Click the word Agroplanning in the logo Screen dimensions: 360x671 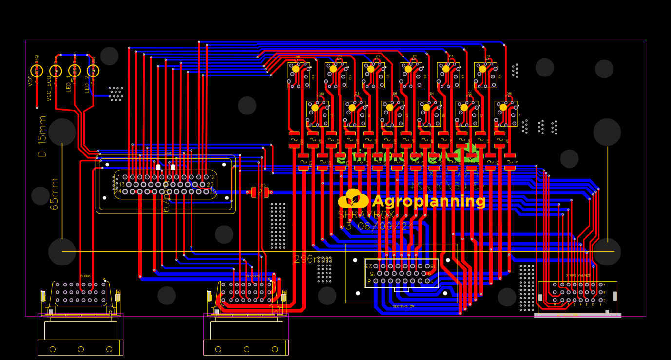pyautogui.click(x=428, y=201)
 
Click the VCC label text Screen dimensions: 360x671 pyautogui.click(x=30, y=80)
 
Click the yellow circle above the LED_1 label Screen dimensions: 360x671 pyautogui.click(x=75, y=71)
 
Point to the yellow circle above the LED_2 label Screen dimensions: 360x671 pyautogui.click(x=93, y=71)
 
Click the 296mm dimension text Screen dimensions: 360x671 pyautogui.click(x=312, y=259)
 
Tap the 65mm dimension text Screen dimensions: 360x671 pyautogui.click(x=54, y=194)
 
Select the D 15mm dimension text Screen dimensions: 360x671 pyautogui.click(x=43, y=136)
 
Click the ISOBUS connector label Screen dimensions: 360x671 pyautogui.click(x=85, y=276)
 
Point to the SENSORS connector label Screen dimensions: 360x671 pyautogui.click(x=252, y=276)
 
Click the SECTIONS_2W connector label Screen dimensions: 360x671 pyautogui.click(x=403, y=306)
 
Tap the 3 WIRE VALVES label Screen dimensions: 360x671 pyautogui.click(x=578, y=275)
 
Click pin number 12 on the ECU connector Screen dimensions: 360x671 pyautogui.click(x=212, y=177)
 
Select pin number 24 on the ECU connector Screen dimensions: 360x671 pyautogui.click(x=117, y=191)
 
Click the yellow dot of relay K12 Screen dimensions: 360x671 pyautogui.click(x=296, y=69)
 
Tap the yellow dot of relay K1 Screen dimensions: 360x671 pyautogui.click(x=503, y=108)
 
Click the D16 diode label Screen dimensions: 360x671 pyautogui.click(x=509, y=94)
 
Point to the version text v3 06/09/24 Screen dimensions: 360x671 pyautogui.click(x=378, y=226)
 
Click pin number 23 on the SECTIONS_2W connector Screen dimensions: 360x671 pyautogui.click(x=369, y=266)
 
